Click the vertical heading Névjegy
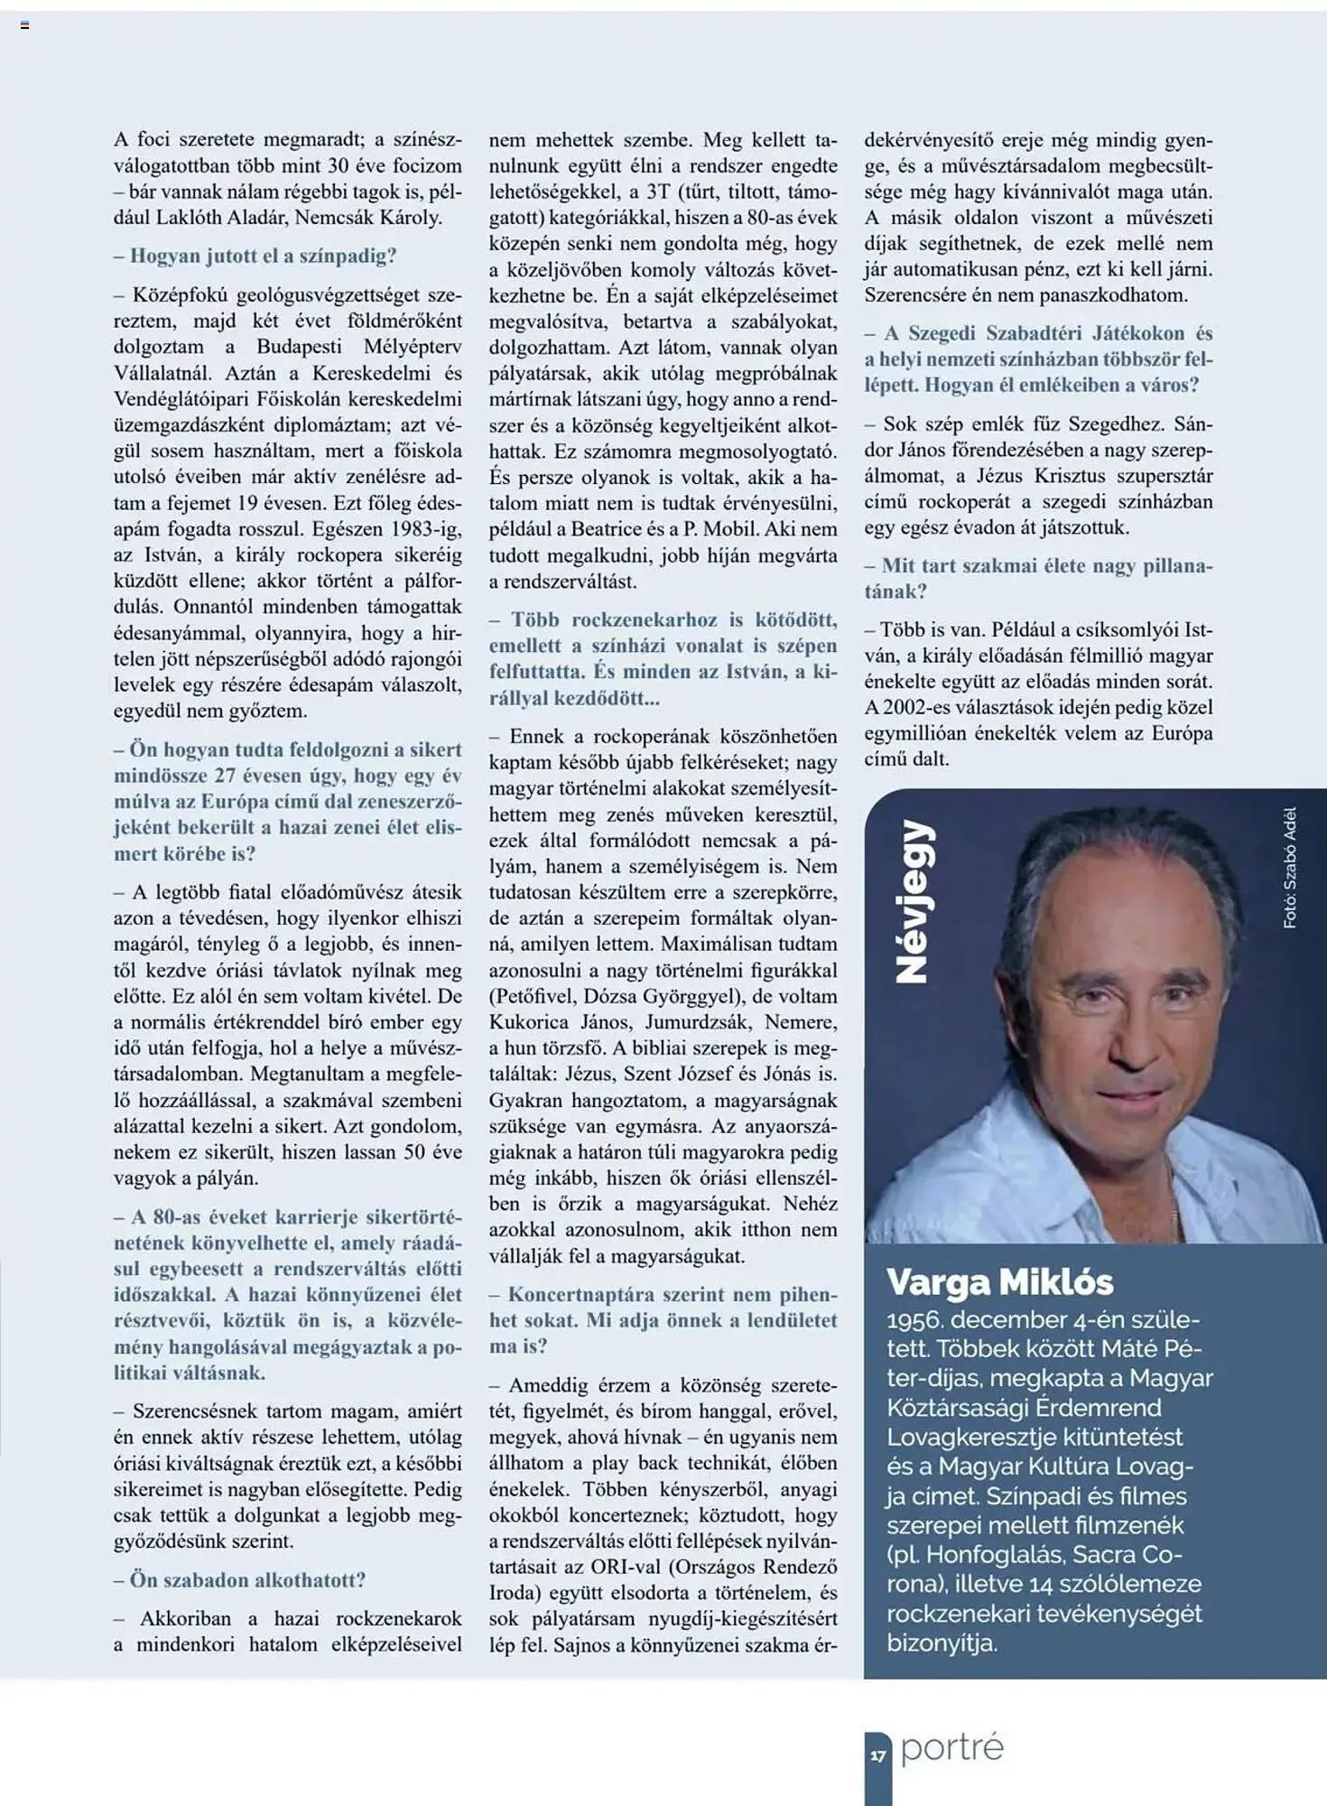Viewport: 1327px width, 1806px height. pos(913,900)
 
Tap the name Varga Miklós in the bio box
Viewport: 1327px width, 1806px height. pos(999,1282)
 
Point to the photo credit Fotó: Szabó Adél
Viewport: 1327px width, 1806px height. pos(1290,867)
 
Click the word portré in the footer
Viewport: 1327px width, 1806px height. pos(951,1748)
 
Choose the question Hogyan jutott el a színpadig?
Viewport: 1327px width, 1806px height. pos(262,256)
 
